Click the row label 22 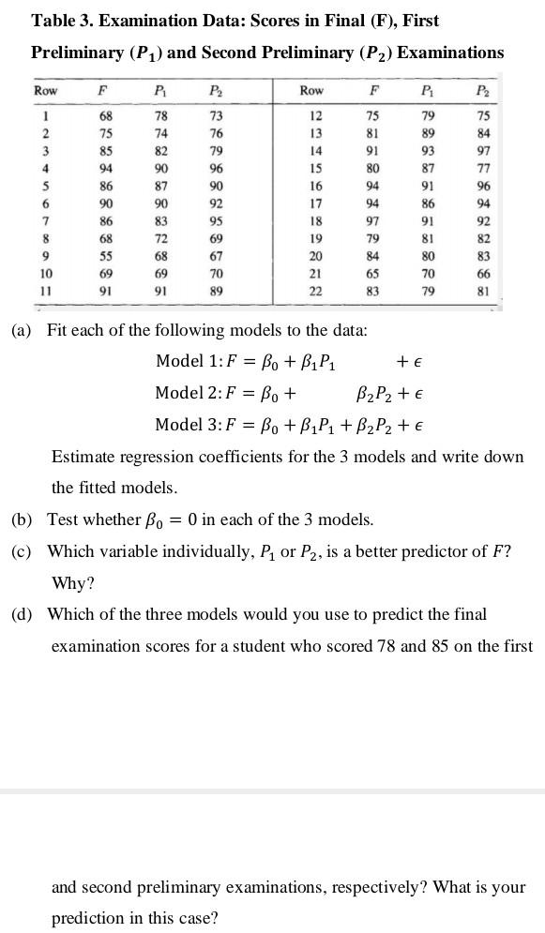(316, 292)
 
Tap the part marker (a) (23, 331)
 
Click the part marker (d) (23, 615)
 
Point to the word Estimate (83, 457)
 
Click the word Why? (72, 583)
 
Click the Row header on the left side (45, 91)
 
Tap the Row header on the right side (311, 91)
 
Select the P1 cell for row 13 (428, 133)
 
